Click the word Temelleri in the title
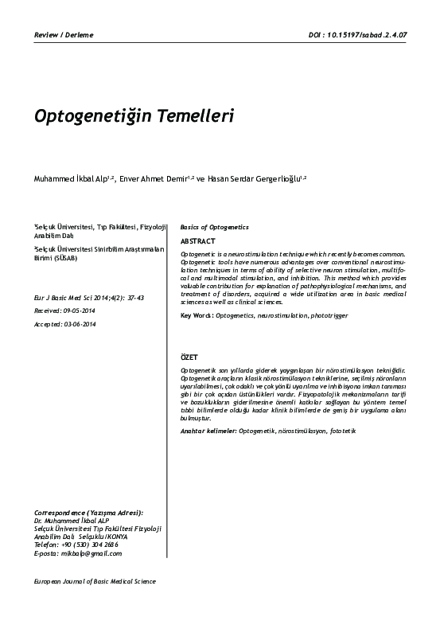192,116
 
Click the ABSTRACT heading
197,240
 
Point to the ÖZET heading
189,358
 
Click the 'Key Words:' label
197,316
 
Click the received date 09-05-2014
79,311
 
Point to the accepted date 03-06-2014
78,325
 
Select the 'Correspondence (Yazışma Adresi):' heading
88,514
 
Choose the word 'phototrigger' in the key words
329,316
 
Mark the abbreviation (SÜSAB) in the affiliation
65,257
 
